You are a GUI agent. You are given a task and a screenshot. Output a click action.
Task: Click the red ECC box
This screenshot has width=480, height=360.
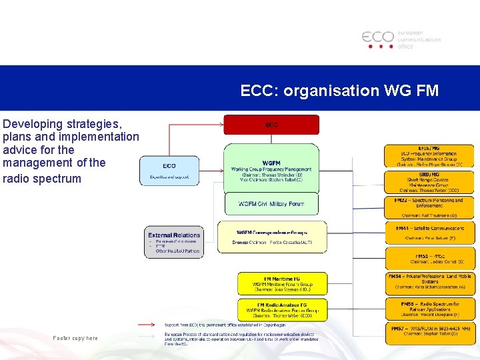(x=271, y=125)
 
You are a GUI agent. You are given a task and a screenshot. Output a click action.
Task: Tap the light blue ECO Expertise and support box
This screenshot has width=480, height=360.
(x=169, y=170)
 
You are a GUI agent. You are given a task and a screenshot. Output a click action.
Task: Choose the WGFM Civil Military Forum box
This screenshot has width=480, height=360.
(x=271, y=204)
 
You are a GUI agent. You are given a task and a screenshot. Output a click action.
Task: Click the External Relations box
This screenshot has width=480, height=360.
(x=174, y=243)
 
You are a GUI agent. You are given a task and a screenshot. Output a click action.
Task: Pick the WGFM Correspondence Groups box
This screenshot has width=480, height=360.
(x=272, y=237)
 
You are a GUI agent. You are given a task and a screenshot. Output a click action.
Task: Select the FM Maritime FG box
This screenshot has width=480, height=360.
(x=283, y=283)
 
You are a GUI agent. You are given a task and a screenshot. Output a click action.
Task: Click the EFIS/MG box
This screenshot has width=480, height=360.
(x=429, y=156)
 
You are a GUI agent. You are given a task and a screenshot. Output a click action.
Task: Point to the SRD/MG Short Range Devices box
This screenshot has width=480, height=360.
(x=429, y=182)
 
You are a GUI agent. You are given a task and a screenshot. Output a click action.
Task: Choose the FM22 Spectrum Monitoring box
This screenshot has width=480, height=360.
(x=429, y=207)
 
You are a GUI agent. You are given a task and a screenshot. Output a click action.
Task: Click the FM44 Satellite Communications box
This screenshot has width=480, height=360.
(x=429, y=233)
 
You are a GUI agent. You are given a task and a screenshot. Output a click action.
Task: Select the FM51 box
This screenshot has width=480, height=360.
(x=429, y=258)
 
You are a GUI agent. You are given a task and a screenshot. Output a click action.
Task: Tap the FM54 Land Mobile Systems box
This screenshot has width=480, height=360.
(x=429, y=283)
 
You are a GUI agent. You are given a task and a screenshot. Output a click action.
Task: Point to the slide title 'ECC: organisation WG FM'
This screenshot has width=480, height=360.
(x=339, y=90)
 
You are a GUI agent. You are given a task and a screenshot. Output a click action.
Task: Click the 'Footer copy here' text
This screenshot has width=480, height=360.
(x=75, y=338)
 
